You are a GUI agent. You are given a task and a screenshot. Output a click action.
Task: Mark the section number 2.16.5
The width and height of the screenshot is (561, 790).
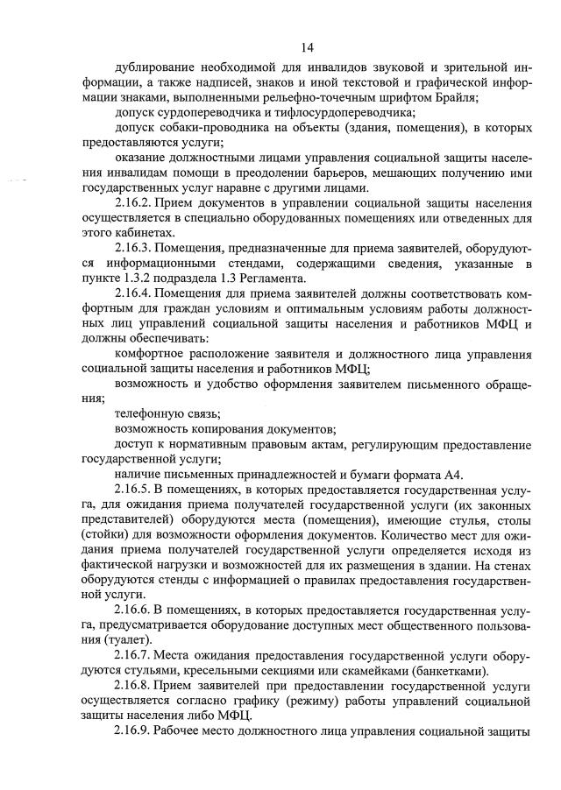click(134, 491)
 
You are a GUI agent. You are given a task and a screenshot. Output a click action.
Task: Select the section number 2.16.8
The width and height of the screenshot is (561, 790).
click(134, 688)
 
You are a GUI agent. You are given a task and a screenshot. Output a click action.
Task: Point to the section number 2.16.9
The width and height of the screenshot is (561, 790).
click(134, 735)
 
